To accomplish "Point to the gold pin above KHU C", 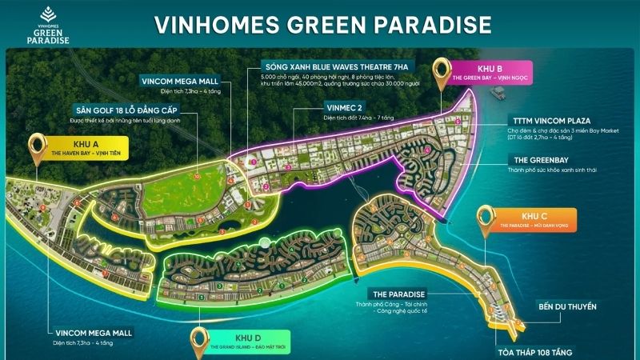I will click(486, 219).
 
